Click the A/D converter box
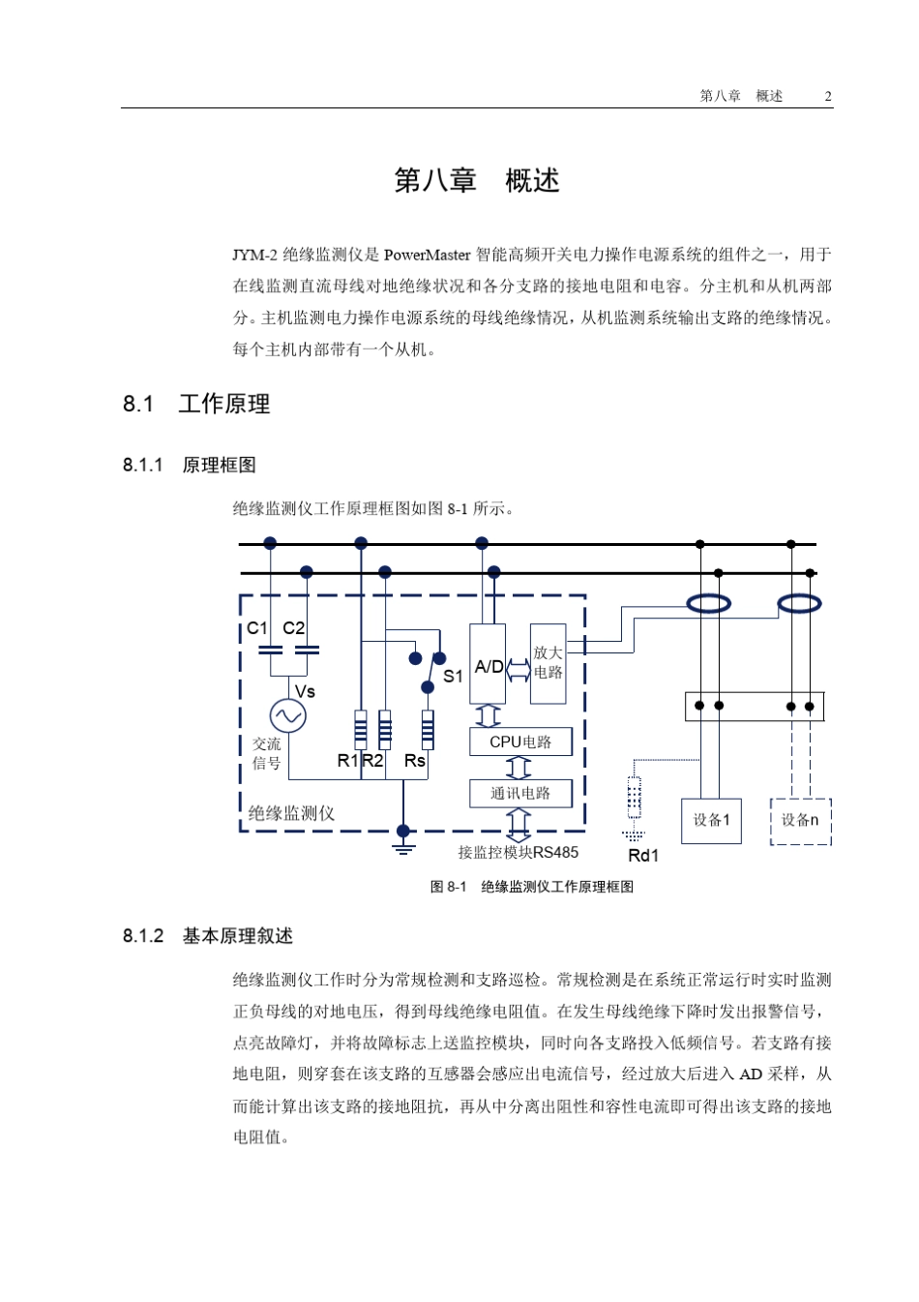[488, 664]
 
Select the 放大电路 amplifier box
[548, 663]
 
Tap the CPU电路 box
[520, 742]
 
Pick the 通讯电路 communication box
[520, 793]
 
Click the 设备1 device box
[711, 820]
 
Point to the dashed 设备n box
[800, 821]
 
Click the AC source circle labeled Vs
[288, 715]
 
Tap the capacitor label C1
[257, 628]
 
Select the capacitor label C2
[294, 628]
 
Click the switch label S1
[453, 677]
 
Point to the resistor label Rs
[415, 761]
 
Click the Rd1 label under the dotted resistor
[643, 856]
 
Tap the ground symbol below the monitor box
[403, 844]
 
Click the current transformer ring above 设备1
[709, 604]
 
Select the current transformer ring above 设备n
[800, 604]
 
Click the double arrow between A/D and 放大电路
[518, 669]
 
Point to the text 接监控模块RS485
[518, 853]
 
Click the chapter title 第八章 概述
[477, 181]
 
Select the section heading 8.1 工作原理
[196, 405]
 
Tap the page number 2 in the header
[828, 96]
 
